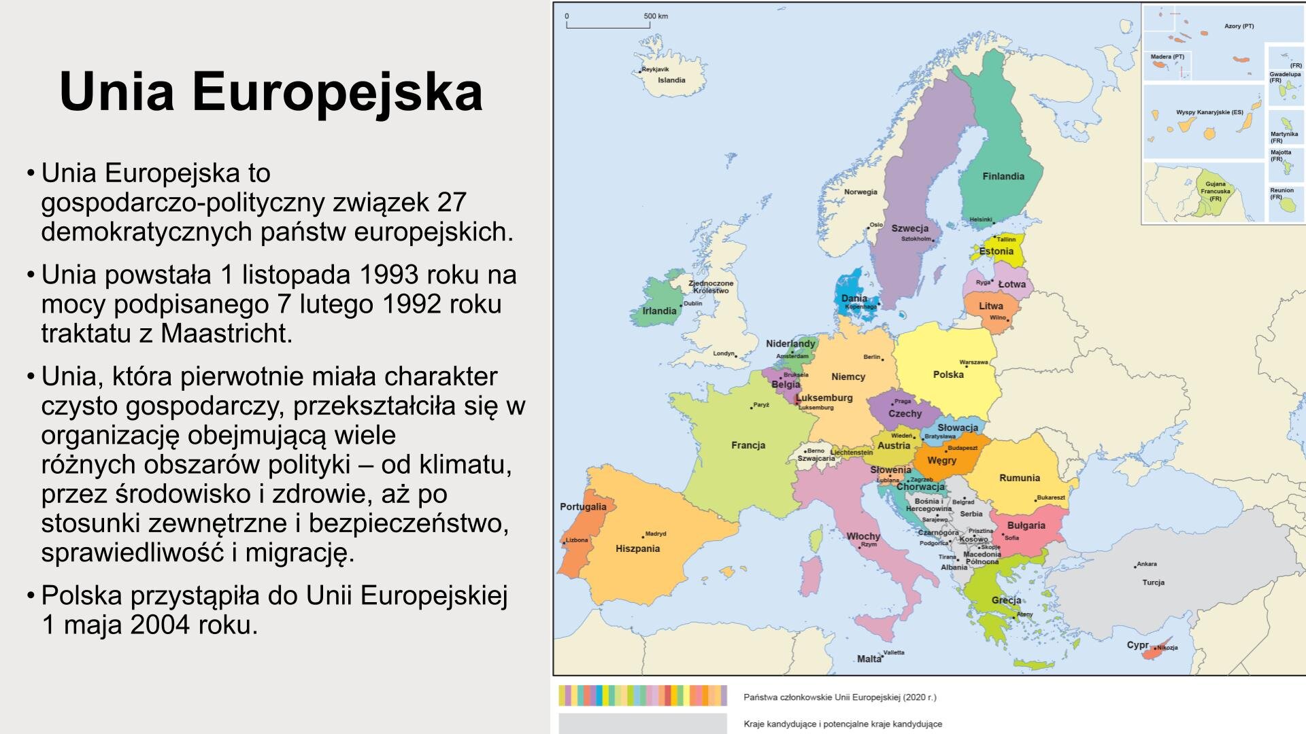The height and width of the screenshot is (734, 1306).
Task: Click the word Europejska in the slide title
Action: coord(337,92)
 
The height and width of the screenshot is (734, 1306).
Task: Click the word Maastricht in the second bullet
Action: coord(227,334)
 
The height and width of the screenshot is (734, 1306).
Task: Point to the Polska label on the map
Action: coord(948,374)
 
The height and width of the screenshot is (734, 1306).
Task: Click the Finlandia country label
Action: coord(1003,177)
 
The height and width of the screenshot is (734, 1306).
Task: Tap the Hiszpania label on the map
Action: coord(637,548)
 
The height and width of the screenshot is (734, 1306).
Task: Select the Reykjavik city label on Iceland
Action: coord(656,69)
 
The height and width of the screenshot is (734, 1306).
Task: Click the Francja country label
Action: coord(748,445)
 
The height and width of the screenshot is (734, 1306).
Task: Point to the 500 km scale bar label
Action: coord(656,16)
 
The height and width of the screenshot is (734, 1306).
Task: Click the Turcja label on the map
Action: coord(1153,582)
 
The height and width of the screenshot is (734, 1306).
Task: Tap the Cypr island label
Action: coord(1137,645)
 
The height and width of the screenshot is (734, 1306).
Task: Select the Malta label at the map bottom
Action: coord(869,659)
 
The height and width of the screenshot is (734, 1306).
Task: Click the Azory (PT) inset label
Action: coord(1239,27)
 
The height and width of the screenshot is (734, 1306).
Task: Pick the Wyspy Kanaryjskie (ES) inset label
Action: coord(1209,112)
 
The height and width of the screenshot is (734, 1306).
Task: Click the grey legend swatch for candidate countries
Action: coord(642,723)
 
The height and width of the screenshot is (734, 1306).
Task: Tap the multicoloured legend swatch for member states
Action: coord(642,696)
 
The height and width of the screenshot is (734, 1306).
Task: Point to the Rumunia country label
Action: coord(1019,478)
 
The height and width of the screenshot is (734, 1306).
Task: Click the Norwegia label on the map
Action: coord(860,192)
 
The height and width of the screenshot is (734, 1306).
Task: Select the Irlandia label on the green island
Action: coord(659,311)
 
